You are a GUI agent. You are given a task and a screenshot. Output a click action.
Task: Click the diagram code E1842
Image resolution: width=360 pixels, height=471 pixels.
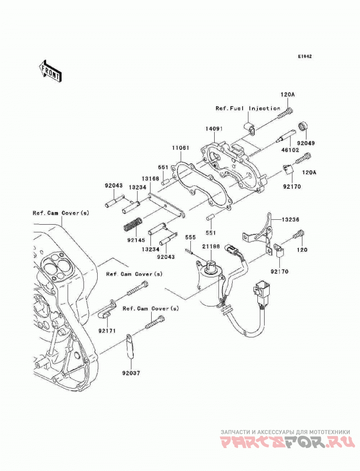click(305, 56)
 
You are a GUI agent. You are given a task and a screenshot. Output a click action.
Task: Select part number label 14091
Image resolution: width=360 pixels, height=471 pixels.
click(214, 129)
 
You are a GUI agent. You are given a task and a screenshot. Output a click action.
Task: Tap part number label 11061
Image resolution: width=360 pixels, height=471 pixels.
click(180, 148)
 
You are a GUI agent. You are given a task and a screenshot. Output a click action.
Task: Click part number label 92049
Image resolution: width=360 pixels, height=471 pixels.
click(306, 143)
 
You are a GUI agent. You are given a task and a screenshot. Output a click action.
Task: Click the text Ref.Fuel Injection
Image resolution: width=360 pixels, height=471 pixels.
click(247, 108)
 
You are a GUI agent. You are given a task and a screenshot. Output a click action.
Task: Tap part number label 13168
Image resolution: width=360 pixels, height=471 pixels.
click(150, 179)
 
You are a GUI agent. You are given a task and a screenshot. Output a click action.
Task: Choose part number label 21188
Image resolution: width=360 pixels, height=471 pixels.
click(211, 247)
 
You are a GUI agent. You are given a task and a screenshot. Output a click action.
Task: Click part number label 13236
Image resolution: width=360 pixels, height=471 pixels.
click(290, 220)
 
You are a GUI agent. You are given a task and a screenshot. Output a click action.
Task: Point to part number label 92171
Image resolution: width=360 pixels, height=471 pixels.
click(107, 331)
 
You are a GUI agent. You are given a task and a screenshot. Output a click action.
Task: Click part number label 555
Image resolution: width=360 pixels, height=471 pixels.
click(190, 238)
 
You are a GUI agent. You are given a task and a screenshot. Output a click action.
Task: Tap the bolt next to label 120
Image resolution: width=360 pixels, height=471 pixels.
click(300, 234)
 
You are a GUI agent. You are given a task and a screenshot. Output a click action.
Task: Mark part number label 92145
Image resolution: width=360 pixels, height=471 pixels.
click(136, 240)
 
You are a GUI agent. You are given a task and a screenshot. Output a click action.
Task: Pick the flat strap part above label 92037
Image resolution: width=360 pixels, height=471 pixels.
click(129, 346)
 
